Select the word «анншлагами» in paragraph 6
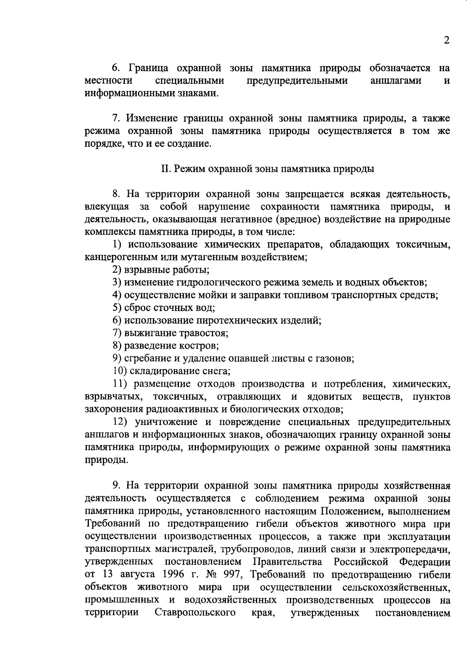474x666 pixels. tap(396, 81)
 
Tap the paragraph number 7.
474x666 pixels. tap(115, 119)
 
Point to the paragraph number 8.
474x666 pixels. tap(115, 194)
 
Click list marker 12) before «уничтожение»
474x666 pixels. tap(120, 422)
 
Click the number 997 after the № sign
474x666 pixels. tap(232, 574)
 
